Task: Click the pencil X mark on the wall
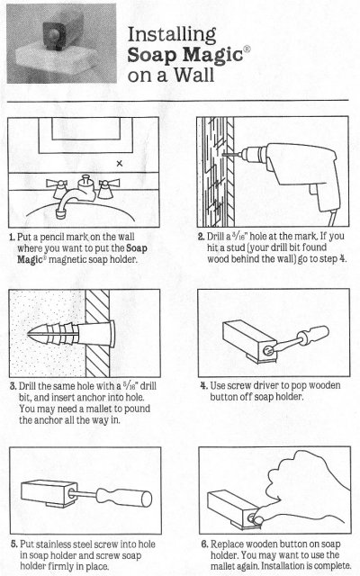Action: tap(120, 164)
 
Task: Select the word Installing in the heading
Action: tap(172, 35)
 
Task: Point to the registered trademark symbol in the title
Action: tap(247, 49)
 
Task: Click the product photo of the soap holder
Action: tap(62, 43)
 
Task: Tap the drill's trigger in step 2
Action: tap(313, 190)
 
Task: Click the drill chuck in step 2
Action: tap(254, 154)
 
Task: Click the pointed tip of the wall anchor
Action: tap(29, 334)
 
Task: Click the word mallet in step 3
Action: tap(100, 409)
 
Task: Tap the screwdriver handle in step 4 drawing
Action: tap(312, 335)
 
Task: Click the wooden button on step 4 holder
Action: tap(269, 350)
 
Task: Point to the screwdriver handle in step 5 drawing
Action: tap(124, 498)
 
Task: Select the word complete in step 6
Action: tap(330, 566)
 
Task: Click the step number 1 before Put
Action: tap(12, 237)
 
